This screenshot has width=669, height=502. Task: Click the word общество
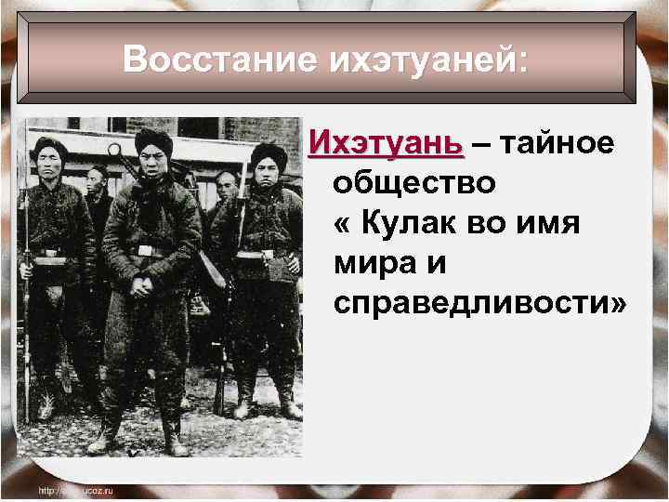pos(414,183)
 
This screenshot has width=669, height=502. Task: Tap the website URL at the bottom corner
pos(75,490)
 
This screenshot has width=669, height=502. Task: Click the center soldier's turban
pos(153,141)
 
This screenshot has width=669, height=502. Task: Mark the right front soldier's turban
pos(269,153)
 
